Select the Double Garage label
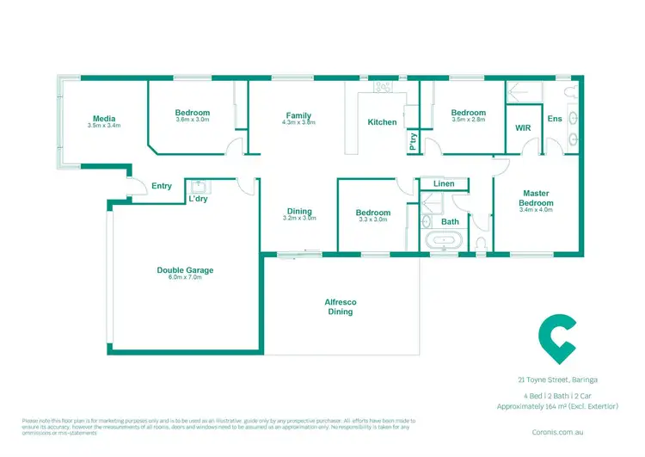point(185,270)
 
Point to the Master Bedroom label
point(535,196)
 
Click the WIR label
point(523,127)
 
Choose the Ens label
point(554,118)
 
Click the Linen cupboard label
point(444,184)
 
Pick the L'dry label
point(199,200)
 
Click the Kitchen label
point(382,122)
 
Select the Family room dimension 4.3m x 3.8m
point(298,123)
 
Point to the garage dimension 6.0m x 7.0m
point(185,278)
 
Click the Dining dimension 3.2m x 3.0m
point(299,219)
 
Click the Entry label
point(162,186)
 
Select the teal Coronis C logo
point(556,341)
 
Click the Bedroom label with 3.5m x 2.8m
point(469,113)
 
